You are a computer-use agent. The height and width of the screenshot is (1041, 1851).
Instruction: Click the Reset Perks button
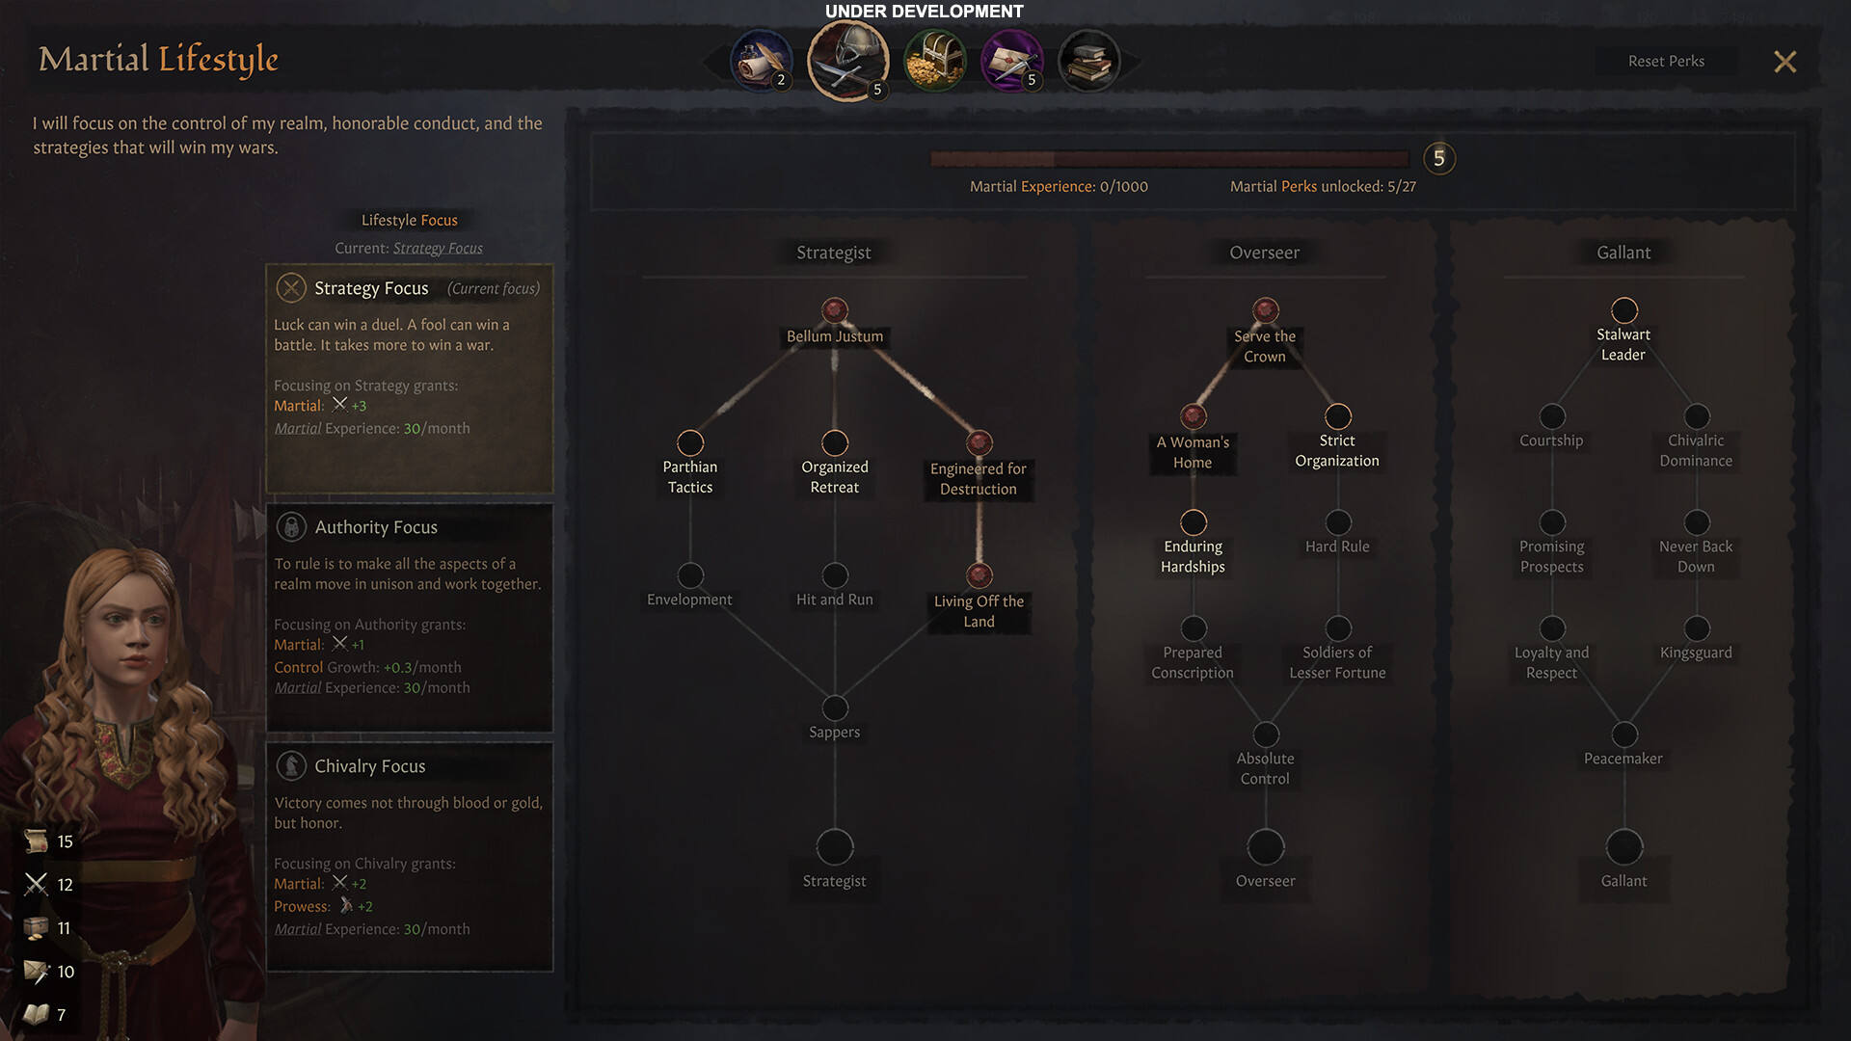(x=1666, y=61)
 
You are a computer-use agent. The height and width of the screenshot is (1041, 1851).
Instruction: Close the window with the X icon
(x=1784, y=62)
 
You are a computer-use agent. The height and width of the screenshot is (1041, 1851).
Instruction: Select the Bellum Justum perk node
(x=835, y=310)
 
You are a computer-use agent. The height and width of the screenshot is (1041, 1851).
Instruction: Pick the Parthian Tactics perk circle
(x=690, y=442)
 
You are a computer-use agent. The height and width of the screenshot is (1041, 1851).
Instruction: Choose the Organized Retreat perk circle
(x=835, y=442)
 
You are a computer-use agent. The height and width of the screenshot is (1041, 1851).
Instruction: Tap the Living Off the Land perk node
(x=979, y=575)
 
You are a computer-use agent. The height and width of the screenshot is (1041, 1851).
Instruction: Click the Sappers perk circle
(x=835, y=707)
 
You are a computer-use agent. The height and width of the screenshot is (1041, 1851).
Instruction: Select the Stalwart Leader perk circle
(x=1624, y=310)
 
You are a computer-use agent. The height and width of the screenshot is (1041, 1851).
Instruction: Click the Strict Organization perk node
(x=1338, y=416)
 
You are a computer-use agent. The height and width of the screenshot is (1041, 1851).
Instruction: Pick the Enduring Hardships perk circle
(x=1194, y=522)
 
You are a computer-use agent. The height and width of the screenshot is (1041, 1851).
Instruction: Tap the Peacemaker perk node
(x=1624, y=734)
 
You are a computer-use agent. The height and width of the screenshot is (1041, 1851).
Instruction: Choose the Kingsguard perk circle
(x=1697, y=628)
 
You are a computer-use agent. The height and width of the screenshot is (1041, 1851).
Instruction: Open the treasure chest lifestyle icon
(x=934, y=61)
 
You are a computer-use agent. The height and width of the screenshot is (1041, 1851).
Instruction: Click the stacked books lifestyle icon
(x=1088, y=61)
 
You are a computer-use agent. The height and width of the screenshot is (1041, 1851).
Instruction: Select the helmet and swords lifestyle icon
(x=847, y=61)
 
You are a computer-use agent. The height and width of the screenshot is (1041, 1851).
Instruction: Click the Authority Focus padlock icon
(x=291, y=526)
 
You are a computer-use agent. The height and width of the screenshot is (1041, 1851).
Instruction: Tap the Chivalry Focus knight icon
(x=291, y=765)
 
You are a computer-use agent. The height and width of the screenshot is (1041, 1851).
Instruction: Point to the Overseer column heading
(x=1264, y=253)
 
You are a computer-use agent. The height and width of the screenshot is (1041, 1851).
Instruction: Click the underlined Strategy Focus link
(x=438, y=248)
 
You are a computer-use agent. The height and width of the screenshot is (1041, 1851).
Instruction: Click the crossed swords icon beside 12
(x=37, y=884)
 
